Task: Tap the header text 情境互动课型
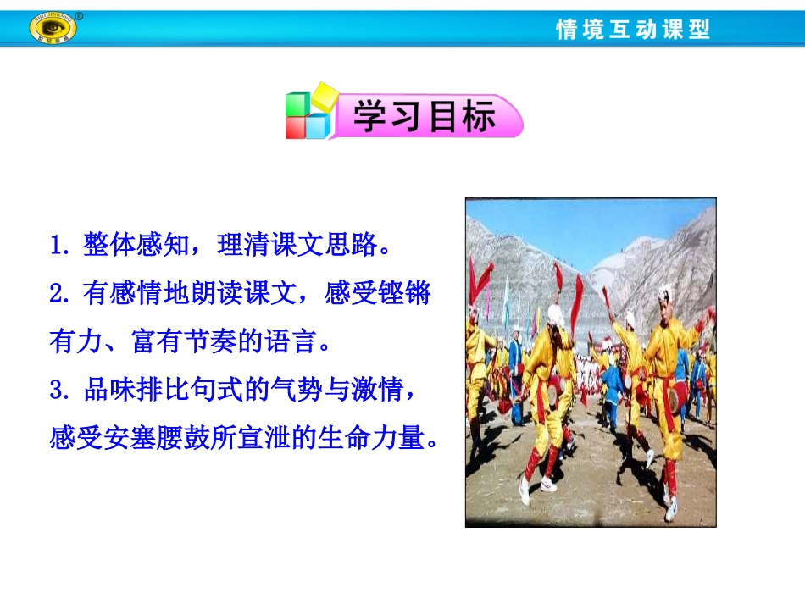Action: click(x=633, y=30)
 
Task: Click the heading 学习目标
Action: click(x=424, y=117)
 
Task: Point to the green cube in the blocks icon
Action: click(x=297, y=105)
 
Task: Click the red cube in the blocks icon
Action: click(x=296, y=128)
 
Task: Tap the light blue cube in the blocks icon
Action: click(x=316, y=126)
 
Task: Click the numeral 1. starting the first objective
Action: click(x=61, y=247)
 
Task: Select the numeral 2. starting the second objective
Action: click(x=61, y=294)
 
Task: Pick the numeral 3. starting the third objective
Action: click(x=61, y=391)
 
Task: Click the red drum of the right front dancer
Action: click(x=678, y=395)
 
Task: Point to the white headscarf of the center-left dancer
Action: click(x=555, y=316)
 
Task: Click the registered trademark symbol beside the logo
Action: click(x=79, y=16)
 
